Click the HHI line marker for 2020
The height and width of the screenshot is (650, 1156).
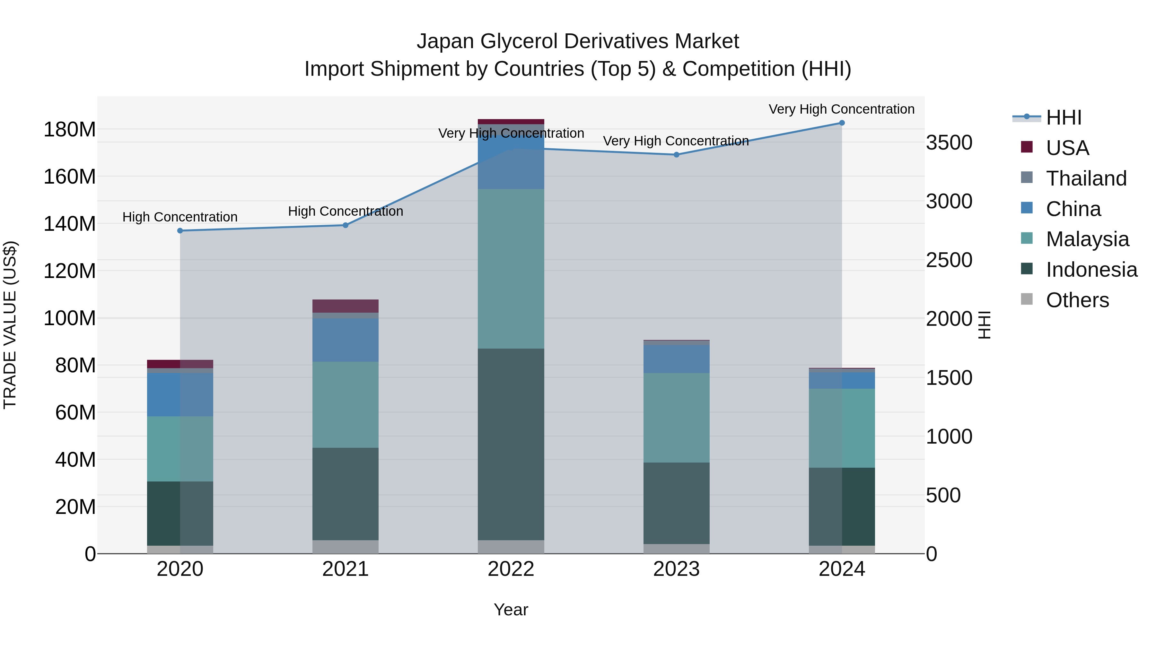point(180,230)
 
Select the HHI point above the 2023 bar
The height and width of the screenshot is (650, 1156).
point(676,155)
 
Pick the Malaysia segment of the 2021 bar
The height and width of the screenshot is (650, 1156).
point(345,405)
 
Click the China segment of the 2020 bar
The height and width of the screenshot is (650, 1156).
point(180,395)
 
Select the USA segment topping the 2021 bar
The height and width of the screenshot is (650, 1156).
point(345,306)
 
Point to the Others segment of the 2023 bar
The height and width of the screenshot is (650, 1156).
point(676,549)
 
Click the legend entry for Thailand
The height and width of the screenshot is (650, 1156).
point(1086,178)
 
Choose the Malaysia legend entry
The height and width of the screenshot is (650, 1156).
point(1087,239)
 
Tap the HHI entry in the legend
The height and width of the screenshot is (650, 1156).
point(1064,117)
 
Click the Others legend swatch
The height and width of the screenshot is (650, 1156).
point(1026,299)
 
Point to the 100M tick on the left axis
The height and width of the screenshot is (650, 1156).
point(70,318)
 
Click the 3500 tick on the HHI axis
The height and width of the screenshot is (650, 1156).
point(949,143)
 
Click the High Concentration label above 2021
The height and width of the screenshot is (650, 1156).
point(345,211)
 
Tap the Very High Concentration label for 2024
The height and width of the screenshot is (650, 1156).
point(841,109)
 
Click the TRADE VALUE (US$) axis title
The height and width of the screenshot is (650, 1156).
point(10,325)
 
